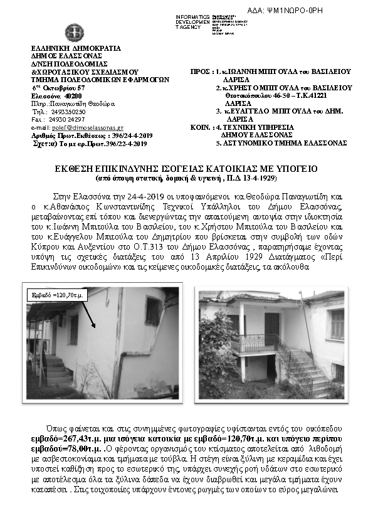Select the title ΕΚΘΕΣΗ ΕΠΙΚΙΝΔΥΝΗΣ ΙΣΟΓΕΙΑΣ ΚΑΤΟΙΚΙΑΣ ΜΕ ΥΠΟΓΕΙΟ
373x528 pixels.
click(x=187, y=169)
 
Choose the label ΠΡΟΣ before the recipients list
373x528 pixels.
click(x=200, y=72)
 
